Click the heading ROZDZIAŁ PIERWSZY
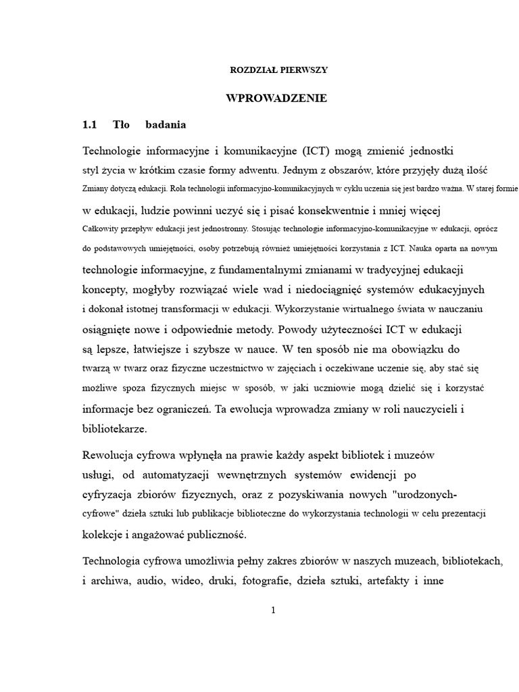click(x=279, y=70)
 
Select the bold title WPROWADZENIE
click(x=276, y=99)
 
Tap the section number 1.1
click(x=90, y=125)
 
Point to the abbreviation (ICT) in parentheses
click(x=317, y=149)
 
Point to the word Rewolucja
click(x=109, y=455)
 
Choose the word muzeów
click(x=419, y=455)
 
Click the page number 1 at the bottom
click(x=273, y=610)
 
